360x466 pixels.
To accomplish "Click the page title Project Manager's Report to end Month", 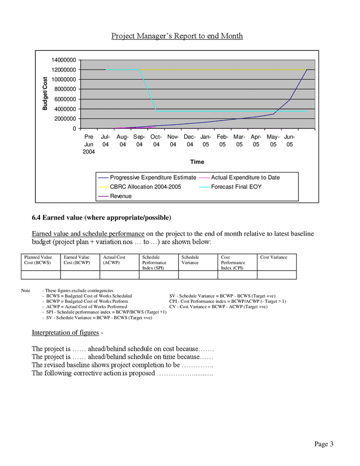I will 177,36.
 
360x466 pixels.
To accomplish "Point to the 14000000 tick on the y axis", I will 64,60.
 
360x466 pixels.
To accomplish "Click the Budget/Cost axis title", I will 45,94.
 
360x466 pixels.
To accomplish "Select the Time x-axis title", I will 197,162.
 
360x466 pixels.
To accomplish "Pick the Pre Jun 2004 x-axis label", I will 89,144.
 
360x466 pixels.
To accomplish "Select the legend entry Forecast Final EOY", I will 237,186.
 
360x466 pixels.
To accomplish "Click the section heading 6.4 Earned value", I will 102,217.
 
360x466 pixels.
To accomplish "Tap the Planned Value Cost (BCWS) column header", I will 38,260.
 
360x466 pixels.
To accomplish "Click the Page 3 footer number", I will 323,444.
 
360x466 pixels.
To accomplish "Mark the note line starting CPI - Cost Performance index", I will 227,301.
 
